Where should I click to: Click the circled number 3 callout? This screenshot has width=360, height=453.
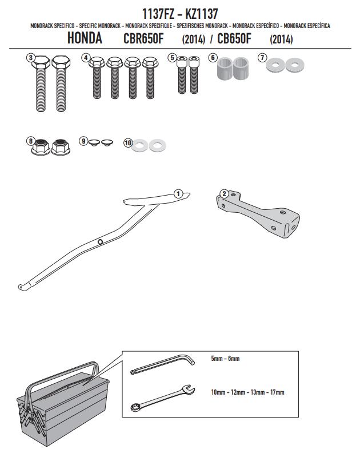(31, 58)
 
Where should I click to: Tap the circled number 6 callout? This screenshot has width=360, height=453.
(213, 58)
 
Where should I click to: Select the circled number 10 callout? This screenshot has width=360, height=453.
(128, 143)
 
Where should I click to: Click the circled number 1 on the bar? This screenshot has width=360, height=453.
(178, 193)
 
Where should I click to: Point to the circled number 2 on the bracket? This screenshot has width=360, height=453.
(225, 193)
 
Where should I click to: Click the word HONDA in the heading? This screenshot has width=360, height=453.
(85, 38)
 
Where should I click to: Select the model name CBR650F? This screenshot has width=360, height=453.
(143, 39)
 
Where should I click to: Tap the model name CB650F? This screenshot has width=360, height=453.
(234, 39)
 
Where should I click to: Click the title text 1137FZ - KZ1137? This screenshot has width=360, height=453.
(180, 14)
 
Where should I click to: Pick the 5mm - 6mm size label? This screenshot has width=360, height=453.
(225, 359)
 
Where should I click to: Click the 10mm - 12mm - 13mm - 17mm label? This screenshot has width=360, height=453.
(247, 392)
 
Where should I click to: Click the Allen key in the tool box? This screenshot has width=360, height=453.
(162, 364)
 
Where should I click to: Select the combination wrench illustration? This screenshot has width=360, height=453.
(162, 398)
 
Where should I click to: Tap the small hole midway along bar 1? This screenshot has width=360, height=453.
(100, 241)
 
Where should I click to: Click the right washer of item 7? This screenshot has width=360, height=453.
(294, 65)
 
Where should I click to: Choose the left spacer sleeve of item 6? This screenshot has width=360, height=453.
(225, 69)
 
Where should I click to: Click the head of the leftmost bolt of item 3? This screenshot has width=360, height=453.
(41, 62)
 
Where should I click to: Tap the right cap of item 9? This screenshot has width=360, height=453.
(107, 142)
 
